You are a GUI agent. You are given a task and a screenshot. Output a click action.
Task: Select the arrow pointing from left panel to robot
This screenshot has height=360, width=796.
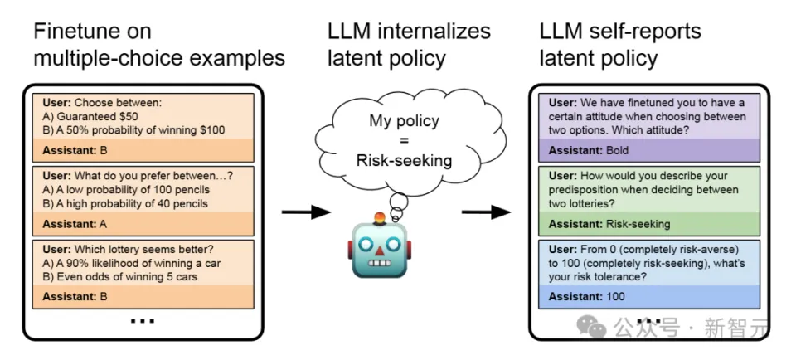pyautogui.click(x=306, y=213)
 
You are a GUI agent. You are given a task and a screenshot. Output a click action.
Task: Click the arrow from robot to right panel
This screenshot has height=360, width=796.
pyautogui.click(x=486, y=212)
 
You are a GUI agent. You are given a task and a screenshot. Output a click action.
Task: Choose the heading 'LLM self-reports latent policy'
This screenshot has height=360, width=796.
pyautogui.click(x=620, y=45)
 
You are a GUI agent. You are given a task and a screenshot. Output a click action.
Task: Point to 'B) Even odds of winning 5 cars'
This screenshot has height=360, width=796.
pyautogui.click(x=120, y=276)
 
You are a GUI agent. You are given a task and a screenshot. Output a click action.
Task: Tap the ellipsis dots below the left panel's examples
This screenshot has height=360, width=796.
pyautogui.click(x=143, y=319)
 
